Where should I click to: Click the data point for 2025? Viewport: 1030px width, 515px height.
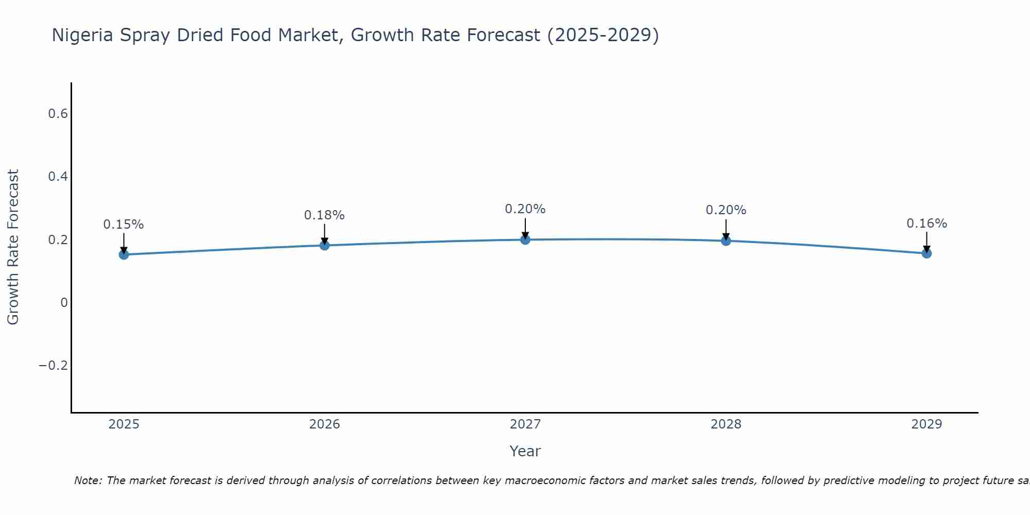click(124, 254)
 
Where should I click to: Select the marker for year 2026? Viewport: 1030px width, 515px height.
click(324, 245)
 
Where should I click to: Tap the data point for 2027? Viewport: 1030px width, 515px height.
click(525, 239)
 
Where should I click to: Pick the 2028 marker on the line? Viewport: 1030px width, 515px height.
click(726, 241)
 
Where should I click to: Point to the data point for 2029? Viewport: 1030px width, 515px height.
click(926, 253)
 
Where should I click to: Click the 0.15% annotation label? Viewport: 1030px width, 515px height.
click(124, 225)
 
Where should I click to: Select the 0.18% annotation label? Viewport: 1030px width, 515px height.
click(324, 215)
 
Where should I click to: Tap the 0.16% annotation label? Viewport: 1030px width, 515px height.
click(926, 224)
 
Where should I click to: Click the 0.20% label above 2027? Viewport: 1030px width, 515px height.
click(525, 209)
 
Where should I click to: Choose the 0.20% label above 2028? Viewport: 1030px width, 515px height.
click(726, 210)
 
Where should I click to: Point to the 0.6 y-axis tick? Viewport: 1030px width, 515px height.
click(58, 114)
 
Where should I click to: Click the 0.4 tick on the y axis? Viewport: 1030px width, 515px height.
click(58, 177)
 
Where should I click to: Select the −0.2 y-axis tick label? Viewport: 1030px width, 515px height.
click(54, 366)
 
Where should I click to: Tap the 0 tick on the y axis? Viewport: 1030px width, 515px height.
click(64, 303)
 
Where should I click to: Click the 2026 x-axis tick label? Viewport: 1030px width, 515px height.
click(324, 424)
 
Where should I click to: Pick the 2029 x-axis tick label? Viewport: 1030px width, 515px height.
click(926, 424)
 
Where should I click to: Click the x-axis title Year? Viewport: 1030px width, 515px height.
click(525, 451)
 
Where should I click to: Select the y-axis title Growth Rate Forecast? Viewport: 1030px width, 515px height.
click(13, 247)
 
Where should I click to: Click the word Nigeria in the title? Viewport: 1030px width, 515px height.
click(83, 36)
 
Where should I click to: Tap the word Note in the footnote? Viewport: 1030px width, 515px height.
click(88, 480)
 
